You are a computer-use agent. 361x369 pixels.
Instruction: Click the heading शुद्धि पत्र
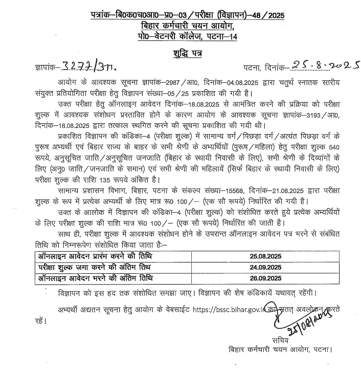coord(180,55)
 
